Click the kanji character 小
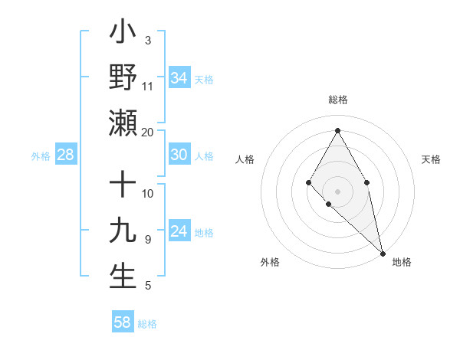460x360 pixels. (123, 34)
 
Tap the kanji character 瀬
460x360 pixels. (123, 123)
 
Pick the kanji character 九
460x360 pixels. (123, 231)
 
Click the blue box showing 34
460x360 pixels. (179, 77)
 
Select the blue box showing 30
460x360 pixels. (179, 155)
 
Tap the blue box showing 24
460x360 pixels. (179, 231)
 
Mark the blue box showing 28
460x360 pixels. (65, 155)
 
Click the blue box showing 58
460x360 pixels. (123, 322)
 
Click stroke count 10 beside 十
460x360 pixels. (148, 194)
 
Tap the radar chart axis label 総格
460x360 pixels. (337, 100)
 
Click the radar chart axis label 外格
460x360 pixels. (270, 262)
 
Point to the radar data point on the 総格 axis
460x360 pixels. (337, 129)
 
